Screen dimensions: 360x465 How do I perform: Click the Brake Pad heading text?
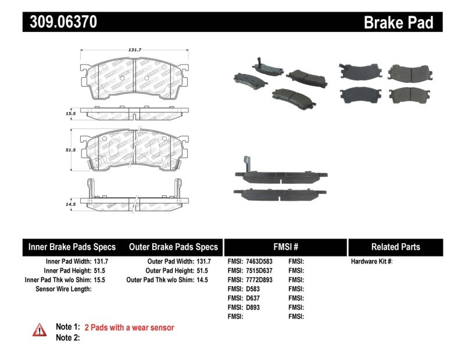pyautogui.click(x=398, y=23)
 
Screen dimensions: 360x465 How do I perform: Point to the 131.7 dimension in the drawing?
pyautogui.click(x=134, y=50)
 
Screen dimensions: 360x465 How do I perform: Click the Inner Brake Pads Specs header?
pyautogui.click(x=72, y=247)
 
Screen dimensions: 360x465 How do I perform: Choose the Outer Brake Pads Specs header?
pyautogui.click(x=173, y=247)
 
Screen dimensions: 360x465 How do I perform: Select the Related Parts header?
pyautogui.click(x=395, y=247)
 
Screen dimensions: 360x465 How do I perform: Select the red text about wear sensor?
pyautogui.click(x=129, y=328)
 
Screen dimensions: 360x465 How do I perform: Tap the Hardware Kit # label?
pyautogui.click(x=371, y=262)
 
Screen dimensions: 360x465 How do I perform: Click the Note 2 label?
pyautogui.click(x=67, y=337)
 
